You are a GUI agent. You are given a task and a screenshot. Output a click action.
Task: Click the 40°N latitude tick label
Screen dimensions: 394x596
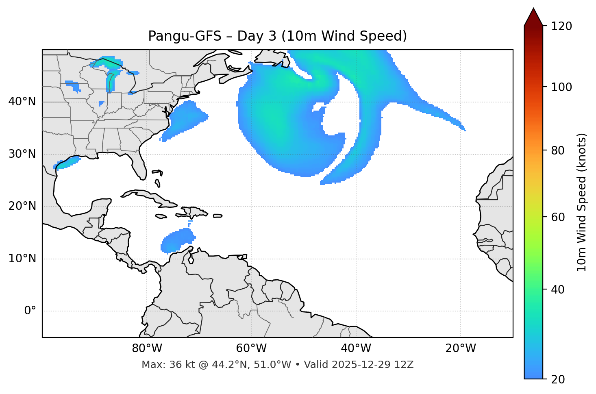[22, 102]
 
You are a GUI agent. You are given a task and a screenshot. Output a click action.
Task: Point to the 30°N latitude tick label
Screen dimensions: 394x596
[22, 154]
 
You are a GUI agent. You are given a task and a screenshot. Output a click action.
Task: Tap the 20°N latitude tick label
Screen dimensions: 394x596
[22, 206]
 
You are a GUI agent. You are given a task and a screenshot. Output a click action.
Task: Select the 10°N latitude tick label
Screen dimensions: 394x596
[22, 259]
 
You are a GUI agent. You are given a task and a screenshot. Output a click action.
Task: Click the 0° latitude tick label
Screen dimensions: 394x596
[30, 311]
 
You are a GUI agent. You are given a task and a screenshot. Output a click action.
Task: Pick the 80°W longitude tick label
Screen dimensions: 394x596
[147, 348]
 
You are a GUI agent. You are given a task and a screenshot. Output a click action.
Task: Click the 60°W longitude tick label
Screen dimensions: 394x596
[251, 348]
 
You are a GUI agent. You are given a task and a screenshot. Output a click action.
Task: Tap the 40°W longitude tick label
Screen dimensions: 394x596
[356, 348]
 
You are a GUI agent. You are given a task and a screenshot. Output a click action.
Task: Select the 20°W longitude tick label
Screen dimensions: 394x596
[461, 348]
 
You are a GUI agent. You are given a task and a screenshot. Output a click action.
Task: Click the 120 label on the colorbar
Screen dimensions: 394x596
[561, 26]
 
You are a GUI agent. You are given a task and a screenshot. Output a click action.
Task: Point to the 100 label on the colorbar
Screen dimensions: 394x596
[561, 87]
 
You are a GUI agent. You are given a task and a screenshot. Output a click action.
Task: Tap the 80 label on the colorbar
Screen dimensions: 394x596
[558, 150]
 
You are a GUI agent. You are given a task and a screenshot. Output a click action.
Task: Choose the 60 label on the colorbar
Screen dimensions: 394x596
[558, 217]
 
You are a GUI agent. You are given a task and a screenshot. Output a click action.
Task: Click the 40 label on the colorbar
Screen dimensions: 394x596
[558, 290]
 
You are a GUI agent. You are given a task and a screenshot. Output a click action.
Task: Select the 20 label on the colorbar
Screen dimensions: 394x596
[558, 379]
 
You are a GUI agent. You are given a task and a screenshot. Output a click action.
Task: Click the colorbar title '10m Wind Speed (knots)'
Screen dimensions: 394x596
[582, 202]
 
